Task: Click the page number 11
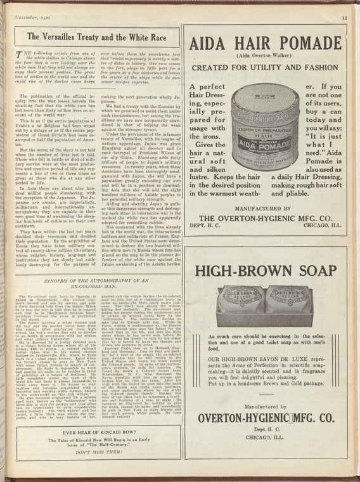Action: point(344,18)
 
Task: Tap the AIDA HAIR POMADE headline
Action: point(266,44)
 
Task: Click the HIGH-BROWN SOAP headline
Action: point(266,271)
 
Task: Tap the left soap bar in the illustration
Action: point(240,300)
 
